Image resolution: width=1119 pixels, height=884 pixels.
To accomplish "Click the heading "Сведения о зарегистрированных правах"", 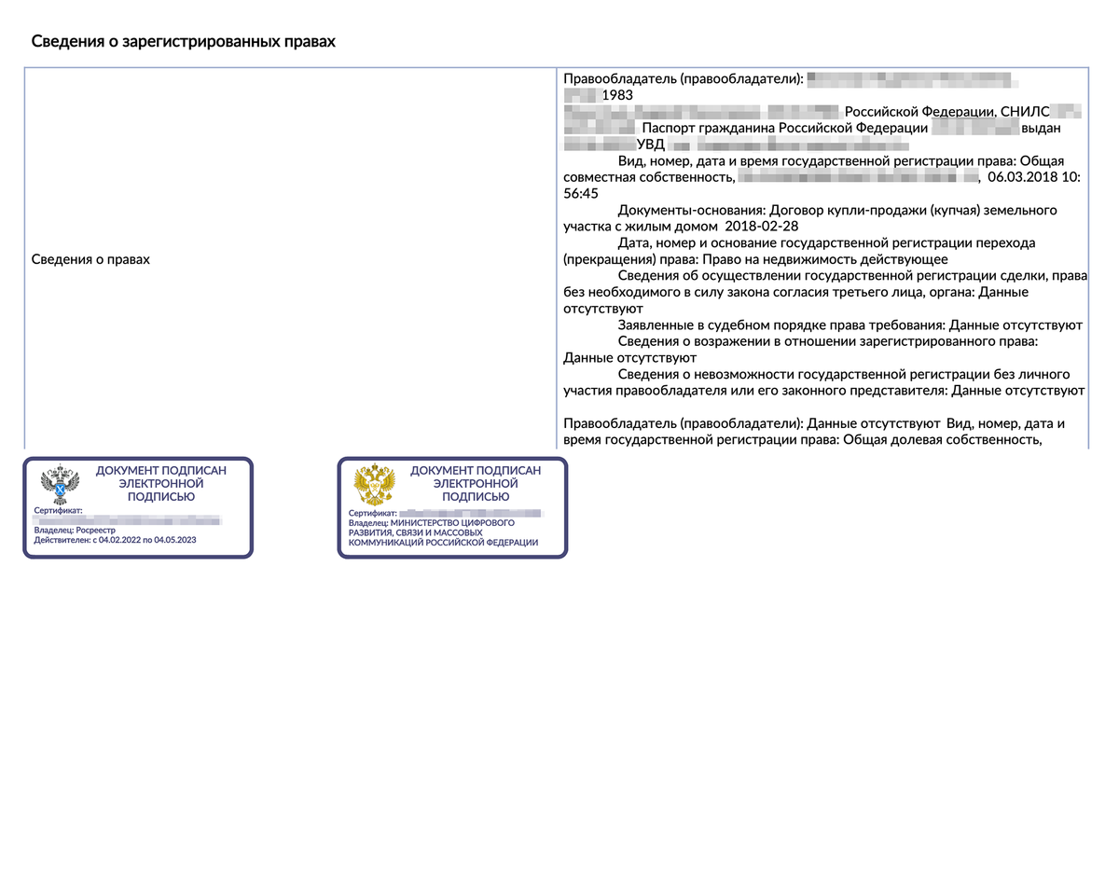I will pos(183,42).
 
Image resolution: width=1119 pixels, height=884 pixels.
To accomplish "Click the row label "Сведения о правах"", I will pos(90,259).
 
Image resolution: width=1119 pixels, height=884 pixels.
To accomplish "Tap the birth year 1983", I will pos(617,95).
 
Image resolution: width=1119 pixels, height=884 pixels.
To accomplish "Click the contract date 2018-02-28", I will pos(760,227).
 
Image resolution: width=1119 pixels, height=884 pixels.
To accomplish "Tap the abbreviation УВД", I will pos(651,145).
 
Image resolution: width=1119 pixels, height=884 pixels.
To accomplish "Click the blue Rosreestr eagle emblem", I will pos(60,486).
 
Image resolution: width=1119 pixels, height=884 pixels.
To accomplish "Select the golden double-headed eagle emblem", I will pos(374,486).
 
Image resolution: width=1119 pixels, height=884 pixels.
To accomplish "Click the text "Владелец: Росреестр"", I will pos(75,531).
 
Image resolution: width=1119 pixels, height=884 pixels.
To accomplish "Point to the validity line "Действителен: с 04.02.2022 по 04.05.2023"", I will pos(115,540).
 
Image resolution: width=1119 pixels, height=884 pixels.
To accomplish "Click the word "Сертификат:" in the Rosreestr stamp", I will pos(59,511).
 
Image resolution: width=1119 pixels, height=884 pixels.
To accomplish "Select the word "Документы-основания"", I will pos(689,211).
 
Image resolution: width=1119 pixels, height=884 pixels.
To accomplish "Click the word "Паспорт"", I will pos(670,129).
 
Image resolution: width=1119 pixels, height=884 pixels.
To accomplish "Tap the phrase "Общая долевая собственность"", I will pos(941,440).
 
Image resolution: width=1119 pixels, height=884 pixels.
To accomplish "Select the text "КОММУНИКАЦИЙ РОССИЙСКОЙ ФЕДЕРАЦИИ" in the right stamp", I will pos(443,543).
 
